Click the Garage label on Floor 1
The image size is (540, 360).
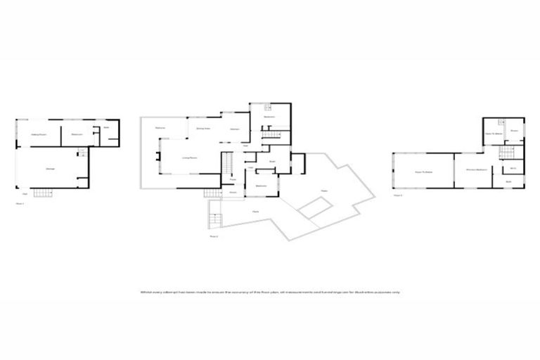50,169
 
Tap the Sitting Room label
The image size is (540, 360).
38,134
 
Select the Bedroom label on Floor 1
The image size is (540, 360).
77,134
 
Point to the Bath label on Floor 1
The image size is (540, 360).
106,128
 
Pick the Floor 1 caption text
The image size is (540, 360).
20,203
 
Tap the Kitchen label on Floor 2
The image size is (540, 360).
235,129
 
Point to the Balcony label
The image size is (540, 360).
160,127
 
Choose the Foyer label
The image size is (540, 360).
232,179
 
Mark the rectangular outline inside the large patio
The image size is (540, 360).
315,209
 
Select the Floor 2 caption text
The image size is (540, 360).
214,237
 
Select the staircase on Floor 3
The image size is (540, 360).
505,153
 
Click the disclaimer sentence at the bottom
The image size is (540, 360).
270,291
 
